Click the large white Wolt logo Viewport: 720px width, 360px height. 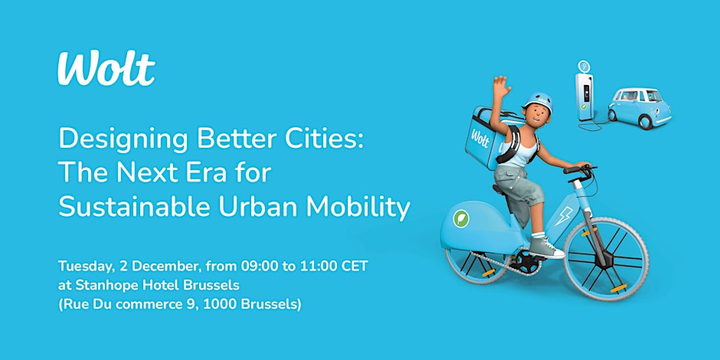[106, 68]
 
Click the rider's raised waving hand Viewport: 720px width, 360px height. [502, 87]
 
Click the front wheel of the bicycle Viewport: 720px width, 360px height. [606, 259]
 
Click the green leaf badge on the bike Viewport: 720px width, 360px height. [460, 218]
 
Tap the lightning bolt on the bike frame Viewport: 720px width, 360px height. [563, 215]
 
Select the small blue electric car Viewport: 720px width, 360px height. [640, 108]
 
